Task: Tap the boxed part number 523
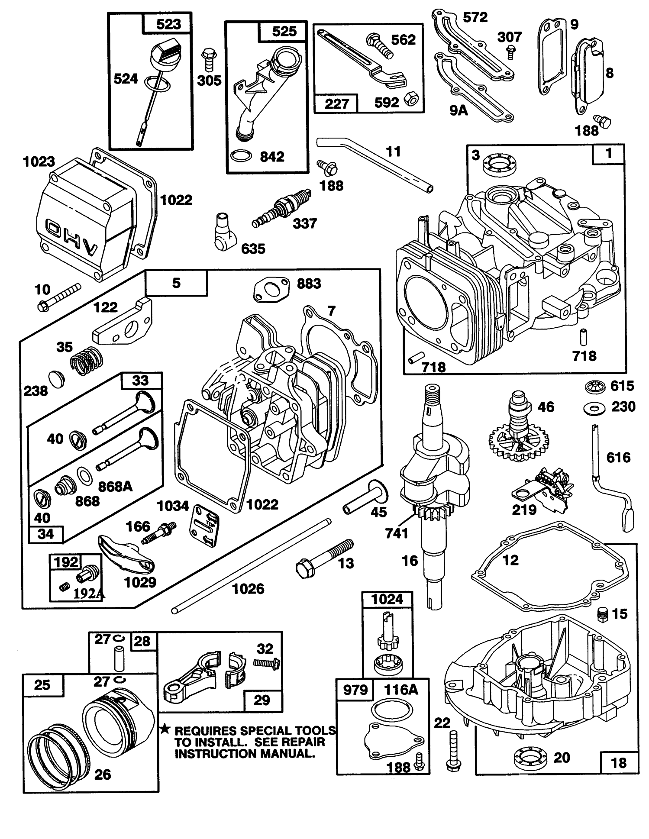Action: click(168, 24)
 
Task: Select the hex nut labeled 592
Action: click(410, 100)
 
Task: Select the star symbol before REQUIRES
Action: click(165, 730)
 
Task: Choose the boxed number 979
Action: click(355, 689)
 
